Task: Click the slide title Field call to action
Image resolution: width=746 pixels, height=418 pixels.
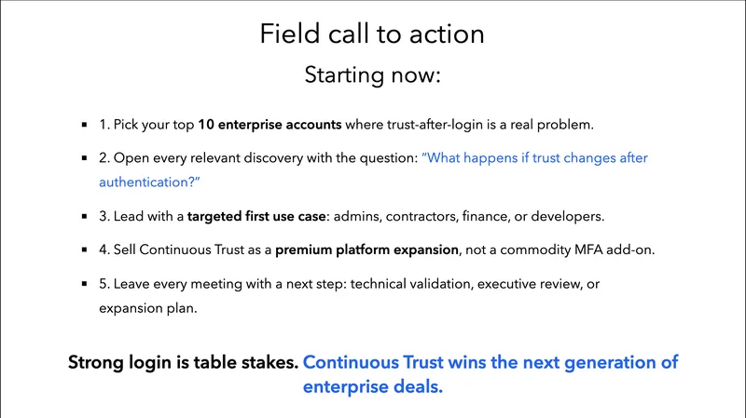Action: (372, 34)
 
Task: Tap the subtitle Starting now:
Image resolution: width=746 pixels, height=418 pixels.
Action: (372, 75)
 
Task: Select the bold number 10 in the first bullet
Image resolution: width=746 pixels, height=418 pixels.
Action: (208, 124)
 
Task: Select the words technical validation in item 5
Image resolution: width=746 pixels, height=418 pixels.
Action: (411, 284)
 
